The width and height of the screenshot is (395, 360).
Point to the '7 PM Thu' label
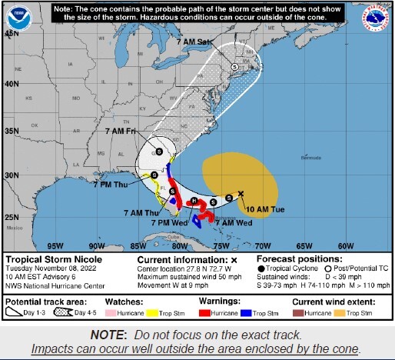pyautogui.click(x=110, y=185)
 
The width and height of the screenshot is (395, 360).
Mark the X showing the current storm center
pyautogui.click(x=241, y=194)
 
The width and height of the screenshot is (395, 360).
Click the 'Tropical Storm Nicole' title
pyautogui.click(x=47, y=260)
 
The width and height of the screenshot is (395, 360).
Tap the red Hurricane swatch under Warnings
pyautogui.click(x=206, y=315)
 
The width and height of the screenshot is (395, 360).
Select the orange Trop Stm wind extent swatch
pyautogui.click(x=346, y=315)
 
